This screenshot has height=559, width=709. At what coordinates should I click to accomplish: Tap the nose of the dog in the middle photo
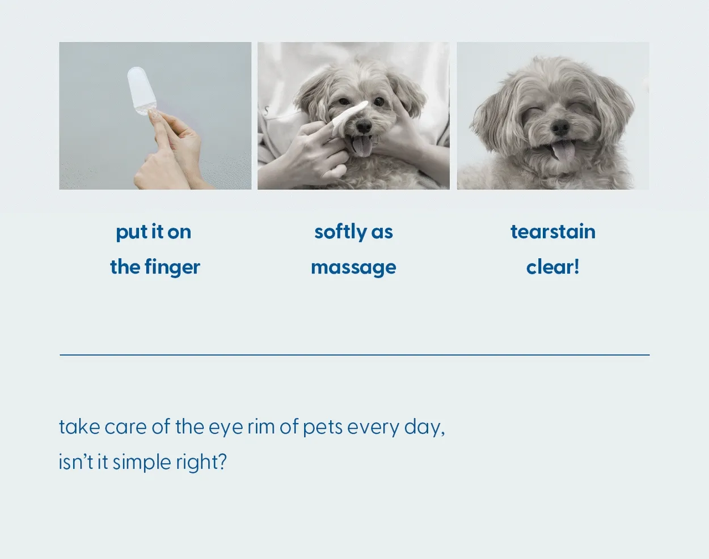364,126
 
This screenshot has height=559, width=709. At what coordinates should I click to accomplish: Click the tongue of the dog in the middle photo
362,147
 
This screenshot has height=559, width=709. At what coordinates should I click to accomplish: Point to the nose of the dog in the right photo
560,127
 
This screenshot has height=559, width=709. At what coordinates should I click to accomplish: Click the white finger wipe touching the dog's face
350,118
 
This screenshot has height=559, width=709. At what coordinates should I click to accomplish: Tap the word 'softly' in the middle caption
340,233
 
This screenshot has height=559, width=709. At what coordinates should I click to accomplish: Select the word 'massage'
353,268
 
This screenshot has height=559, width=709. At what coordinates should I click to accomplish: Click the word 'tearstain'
553,231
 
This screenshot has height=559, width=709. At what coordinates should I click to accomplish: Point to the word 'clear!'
552,267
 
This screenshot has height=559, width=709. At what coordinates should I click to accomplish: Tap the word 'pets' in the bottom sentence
323,428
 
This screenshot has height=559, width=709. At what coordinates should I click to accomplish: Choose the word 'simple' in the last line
142,463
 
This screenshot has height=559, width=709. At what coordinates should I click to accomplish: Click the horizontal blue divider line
354,355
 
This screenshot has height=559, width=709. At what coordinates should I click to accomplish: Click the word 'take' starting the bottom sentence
79,426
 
